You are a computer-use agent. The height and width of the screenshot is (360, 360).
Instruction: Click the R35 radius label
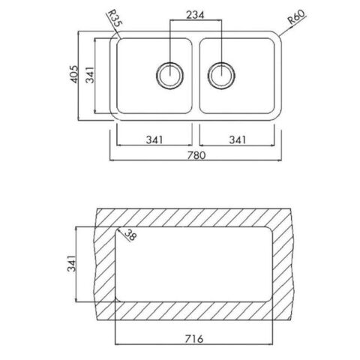click(115, 19)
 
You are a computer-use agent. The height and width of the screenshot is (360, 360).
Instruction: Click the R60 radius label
click(296, 16)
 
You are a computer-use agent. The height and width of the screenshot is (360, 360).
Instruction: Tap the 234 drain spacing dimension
click(195, 15)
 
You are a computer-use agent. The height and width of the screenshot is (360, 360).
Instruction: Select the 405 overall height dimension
click(74, 74)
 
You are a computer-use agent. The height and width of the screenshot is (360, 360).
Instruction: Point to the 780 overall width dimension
click(196, 155)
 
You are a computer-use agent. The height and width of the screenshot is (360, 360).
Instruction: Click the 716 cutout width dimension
click(194, 339)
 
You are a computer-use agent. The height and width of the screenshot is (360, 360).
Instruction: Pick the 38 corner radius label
click(130, 235)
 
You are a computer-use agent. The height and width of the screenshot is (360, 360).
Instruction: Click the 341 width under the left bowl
click(154, 140)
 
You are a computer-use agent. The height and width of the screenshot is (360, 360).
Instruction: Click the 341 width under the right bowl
click(238, 140)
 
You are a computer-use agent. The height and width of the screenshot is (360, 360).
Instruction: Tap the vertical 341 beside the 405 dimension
click(90, 75)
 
